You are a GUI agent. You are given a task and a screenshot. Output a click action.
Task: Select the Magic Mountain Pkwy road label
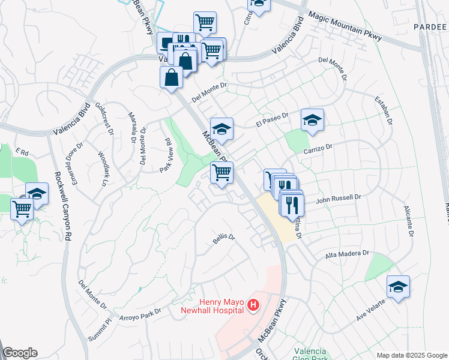pyautogui.click(x=345, y=27)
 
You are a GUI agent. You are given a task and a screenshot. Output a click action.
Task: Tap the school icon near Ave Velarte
pyautogui.click(x=398, y=287)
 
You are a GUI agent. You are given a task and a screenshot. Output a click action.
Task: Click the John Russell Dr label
pyautogui.click(x=337, y=197)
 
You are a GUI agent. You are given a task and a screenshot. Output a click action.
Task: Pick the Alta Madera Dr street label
pyautogui.click(x=346, y=254)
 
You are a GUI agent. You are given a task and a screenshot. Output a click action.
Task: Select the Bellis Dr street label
pyautogui.click(x=223, y=238)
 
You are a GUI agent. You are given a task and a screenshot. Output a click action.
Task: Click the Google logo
pyautogui.click(x=20, y=353)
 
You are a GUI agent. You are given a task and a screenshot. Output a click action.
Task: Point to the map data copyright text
pyautogui.click(x=411, y=355)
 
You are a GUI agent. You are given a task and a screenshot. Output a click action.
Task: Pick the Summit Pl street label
pyautogui.click(x=101, y=326)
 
